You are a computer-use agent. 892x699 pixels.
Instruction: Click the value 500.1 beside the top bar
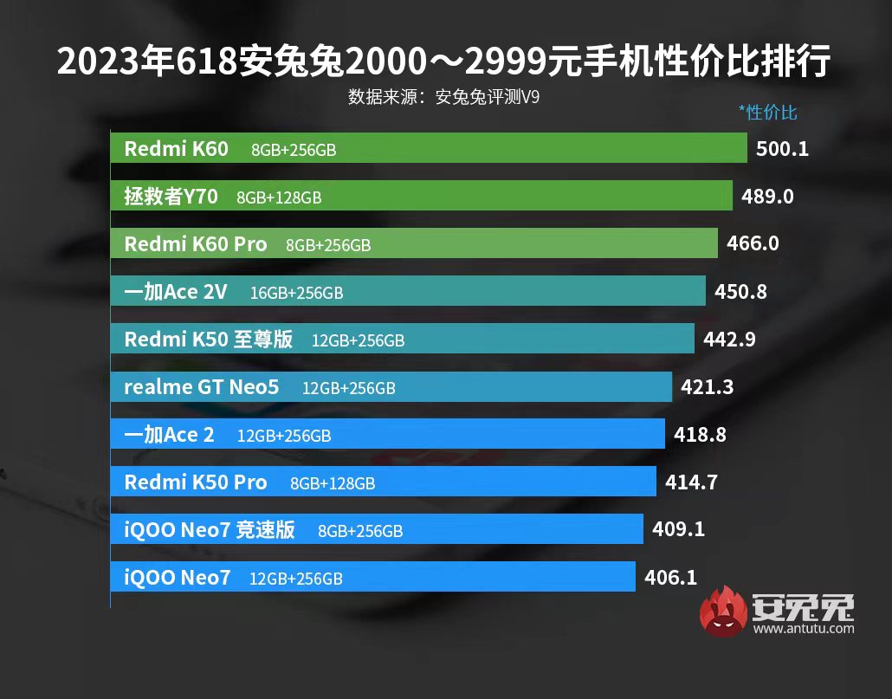[782, 149]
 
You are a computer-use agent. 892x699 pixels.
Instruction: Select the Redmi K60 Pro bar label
[196, 244]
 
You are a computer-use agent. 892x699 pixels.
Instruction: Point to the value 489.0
[767, 197]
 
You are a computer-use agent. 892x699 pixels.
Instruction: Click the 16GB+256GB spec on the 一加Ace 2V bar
[296, 294]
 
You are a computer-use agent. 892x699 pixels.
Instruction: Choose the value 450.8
[740, 292]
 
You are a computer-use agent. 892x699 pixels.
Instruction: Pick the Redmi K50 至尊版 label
[209, 340]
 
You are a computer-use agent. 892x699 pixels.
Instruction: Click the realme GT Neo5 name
[202, 387]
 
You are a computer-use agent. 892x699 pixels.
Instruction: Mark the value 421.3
[707, 387]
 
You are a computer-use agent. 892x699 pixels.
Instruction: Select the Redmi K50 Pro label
[196, 482]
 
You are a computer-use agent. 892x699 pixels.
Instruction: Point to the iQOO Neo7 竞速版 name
[210, 530]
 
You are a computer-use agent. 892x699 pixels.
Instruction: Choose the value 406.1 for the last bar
[671, 577]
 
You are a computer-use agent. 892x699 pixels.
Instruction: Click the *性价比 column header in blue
[767, 112]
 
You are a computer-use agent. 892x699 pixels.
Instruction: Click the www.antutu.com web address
[804, 629]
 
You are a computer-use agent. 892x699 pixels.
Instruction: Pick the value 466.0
[753, 244]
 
